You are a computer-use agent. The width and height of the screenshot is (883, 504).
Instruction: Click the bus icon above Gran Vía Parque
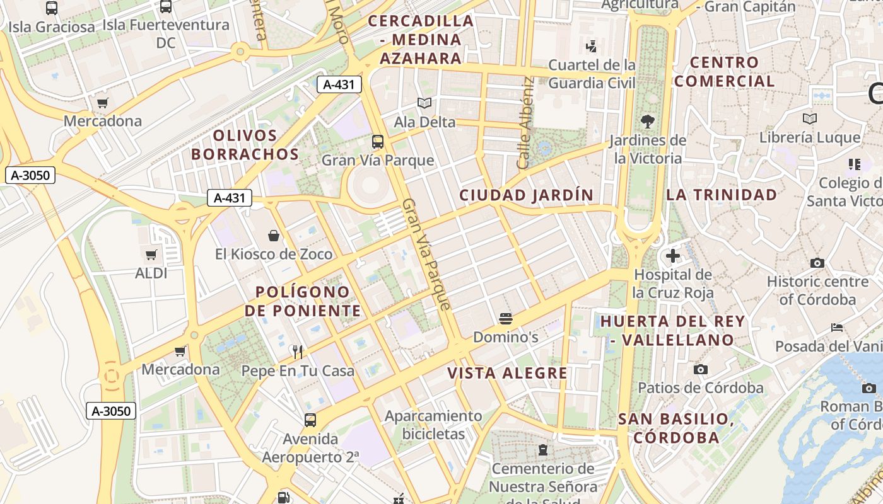click(378, 141)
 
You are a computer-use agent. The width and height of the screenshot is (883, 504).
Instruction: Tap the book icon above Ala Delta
click(424, 103)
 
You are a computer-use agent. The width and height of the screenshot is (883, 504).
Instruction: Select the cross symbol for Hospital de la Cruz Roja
click(673, 256)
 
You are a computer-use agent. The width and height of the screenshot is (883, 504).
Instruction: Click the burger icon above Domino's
click(505, 319)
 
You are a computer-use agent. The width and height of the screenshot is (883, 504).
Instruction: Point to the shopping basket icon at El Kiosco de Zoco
click(274, 236)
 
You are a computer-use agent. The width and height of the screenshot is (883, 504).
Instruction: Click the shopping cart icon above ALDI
click(151, 255)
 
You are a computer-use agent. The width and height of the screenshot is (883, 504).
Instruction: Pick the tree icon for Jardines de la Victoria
click(647, 122)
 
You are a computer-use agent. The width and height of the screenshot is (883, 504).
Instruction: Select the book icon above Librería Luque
click(810, 118)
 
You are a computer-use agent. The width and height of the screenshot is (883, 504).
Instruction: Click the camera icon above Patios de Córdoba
click(700, 369)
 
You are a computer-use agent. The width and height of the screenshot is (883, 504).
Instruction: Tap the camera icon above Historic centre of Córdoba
click(817, 263)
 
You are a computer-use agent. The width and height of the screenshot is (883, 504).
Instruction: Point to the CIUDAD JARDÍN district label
click(527, 195)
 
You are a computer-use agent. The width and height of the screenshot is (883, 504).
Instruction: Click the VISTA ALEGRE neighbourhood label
click(508, 373)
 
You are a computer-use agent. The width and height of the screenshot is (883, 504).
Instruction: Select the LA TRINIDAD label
click(722, 195)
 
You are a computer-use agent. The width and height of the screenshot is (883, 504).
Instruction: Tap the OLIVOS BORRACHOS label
click(245, 145)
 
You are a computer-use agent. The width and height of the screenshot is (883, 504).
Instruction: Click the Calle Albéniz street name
click(525, 123)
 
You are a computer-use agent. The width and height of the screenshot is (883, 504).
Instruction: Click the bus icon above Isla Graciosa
click(52, 8)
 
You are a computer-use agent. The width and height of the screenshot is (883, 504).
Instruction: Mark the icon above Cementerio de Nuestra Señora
click(542, 450)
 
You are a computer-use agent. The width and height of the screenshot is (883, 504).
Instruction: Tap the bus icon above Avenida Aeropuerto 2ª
click(310, 420)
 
